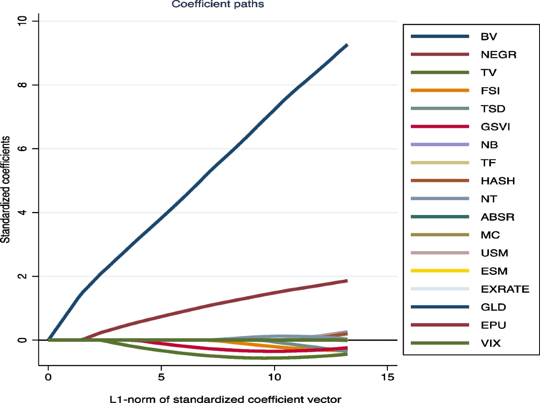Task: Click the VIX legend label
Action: pyautogui.click(x=490, y=344)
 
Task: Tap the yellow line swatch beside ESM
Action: pyautogui.click(x=441, y=271)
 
